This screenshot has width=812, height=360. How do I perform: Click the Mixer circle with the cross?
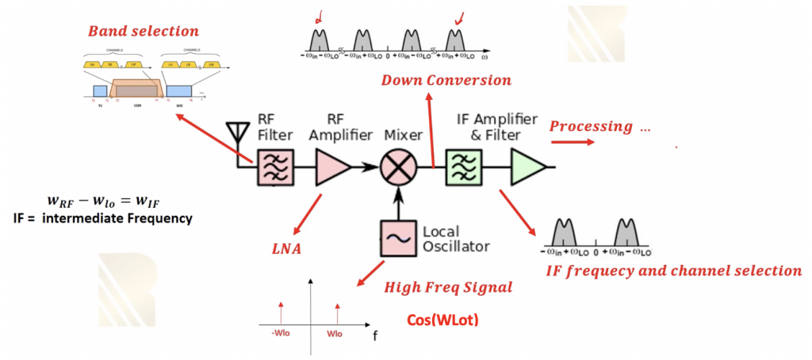(396, 168)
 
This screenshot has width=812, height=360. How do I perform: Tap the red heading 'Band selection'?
(144, 32)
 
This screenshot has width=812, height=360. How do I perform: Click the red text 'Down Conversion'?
(446, 80)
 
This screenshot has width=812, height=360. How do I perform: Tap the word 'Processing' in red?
(592, 126)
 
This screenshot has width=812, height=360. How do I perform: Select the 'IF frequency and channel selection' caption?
(674, 270)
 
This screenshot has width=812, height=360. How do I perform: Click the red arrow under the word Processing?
(571, 143)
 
